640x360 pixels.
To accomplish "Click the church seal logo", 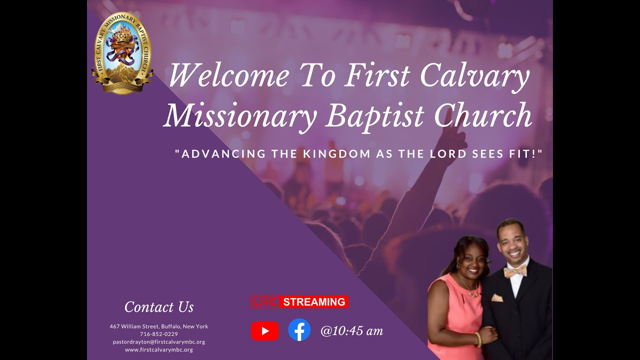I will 122,53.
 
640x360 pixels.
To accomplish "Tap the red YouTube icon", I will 264,331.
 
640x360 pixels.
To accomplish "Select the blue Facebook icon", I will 299,330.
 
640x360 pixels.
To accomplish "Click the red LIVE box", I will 264,302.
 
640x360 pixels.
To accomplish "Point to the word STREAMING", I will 314,302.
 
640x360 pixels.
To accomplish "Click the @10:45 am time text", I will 351,331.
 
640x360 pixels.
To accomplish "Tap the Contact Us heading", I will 159,307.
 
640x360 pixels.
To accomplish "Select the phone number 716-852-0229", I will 159,334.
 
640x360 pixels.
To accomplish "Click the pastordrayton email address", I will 159,342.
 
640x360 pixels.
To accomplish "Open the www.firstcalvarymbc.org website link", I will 159,350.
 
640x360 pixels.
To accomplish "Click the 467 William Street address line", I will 159,326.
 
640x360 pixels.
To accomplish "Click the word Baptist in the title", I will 375,115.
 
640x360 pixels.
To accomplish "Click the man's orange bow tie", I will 515,271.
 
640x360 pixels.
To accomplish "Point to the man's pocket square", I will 497,298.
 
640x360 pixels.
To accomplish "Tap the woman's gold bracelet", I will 478,340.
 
